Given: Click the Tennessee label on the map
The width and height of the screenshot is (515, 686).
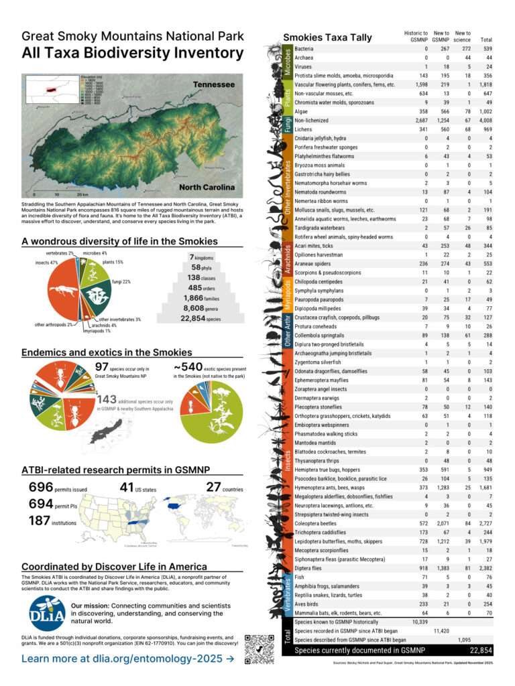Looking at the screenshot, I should [x=214, y=85].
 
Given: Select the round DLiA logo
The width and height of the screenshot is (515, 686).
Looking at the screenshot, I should [x=47, y=613].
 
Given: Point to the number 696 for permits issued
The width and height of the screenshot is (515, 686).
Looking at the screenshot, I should [x=40, y=488].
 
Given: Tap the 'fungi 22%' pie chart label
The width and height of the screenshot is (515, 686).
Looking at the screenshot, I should [x=121, y=281].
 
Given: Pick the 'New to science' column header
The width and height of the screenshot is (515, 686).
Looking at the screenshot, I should [x=462, y=36].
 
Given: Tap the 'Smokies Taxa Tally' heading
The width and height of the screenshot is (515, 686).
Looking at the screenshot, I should [x=327, y=38].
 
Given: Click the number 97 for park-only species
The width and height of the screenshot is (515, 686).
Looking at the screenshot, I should [x=102, y=366].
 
